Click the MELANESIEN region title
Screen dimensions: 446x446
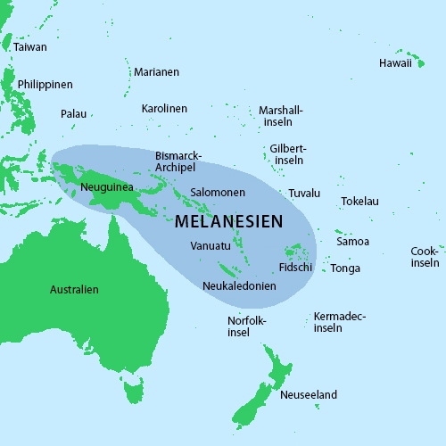[x=229, y=221]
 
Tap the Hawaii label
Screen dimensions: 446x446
[x=395, y=63]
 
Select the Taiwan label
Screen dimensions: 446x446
[x=30, y=46]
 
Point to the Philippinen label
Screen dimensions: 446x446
[x=45, y=85]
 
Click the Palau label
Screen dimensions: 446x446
[x=73, y=114]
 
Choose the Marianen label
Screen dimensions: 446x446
[x=156, y=72]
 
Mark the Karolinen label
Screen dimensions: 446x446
[x=164, y=109]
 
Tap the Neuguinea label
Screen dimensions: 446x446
[x=106, y=187]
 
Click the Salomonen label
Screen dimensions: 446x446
[x=218, y=194]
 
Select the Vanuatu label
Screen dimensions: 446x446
[x=211, y=246]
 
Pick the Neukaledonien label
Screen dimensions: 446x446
[x=239, y=286]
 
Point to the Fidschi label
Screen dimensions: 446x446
[x=295, y=267]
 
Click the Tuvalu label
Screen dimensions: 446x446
[x=304, y=194]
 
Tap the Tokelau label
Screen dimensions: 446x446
[x=359, y=202]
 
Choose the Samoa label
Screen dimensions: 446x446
[x=352, y=242]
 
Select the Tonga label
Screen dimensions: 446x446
[x=345, y=268]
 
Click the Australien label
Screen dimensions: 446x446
[x=74, y=290]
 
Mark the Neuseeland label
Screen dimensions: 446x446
[x=309, y=395]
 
